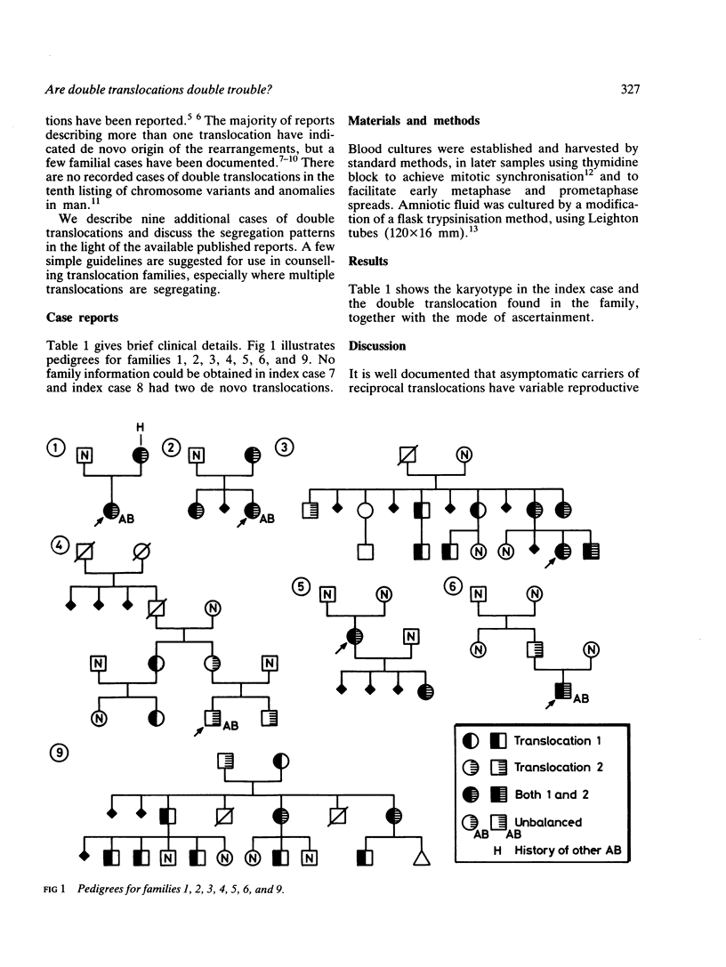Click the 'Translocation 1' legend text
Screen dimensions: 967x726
tap(560, 740)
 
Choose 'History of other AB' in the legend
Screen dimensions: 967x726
tap(567, 850)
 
